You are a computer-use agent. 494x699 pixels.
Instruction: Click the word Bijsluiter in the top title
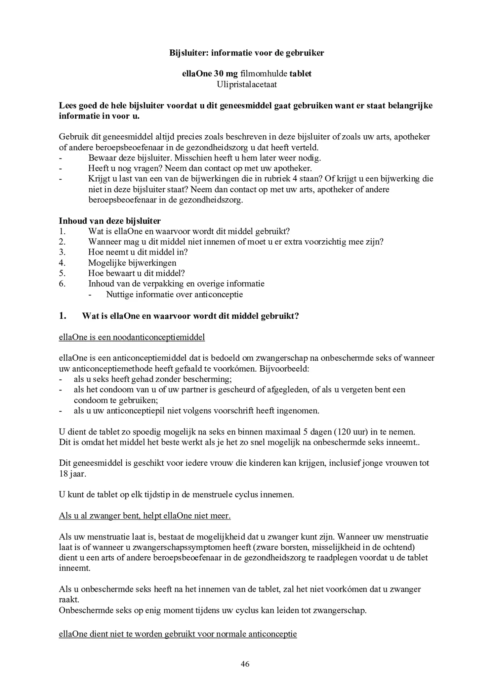pyautogui.click(x=188, y=53)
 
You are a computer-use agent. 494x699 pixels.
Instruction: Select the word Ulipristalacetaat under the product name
pyautogui.click(x=247, y=84)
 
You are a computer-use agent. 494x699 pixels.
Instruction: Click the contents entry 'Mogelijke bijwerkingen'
pyautogui.click(x=132, y=263)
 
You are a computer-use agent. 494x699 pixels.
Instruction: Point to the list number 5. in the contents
pyautogui.click(x=62, y=273)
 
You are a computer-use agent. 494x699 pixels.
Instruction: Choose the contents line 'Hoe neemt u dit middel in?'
pyautogui.click(x=138, y=252)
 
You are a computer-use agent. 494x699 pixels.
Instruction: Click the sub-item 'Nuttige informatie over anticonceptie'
pyautogui.click(x=175, y=295)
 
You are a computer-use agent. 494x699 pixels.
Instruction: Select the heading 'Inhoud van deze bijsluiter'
pyautogui.click(x=110, y=221)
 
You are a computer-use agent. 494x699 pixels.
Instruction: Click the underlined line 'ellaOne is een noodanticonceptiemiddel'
pyautogui.click(x=132, y=337)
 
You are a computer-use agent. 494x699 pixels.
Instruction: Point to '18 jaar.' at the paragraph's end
pyautogui.click(x=72, y=474)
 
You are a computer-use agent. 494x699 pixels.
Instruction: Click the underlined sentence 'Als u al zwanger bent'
pyautogui.click(x=144, y=516)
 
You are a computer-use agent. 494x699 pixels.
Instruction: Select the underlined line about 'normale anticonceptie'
pyautogui.click(x=178, y=634)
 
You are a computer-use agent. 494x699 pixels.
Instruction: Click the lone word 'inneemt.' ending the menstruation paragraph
pyautogui.click(x=75, y=568)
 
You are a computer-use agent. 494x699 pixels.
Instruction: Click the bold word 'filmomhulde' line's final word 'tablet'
pyautogui.click(x=301, y=74)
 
